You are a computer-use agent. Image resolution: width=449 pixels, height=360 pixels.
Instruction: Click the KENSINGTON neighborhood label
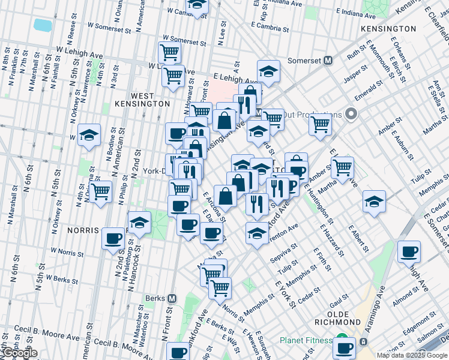pos(388,28)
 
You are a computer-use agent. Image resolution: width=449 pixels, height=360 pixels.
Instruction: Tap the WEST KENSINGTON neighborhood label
pos(142,100)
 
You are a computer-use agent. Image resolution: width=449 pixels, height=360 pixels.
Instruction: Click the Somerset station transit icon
pos(328,60)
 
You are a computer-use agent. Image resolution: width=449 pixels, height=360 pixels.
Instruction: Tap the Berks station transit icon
pos(172,298)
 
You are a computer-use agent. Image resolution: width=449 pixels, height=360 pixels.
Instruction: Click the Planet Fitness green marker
pos(342,340)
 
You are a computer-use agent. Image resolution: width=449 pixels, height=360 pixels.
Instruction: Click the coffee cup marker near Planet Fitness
pos(345,348)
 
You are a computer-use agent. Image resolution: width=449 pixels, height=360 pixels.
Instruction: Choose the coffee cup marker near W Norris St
pos(113,239)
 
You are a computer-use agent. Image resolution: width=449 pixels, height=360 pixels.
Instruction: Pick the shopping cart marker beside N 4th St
pos(101,192)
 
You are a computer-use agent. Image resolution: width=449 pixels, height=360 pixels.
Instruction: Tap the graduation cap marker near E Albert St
pos(373,202)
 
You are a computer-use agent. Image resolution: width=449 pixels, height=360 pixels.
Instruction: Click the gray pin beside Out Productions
pos(352,114)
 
